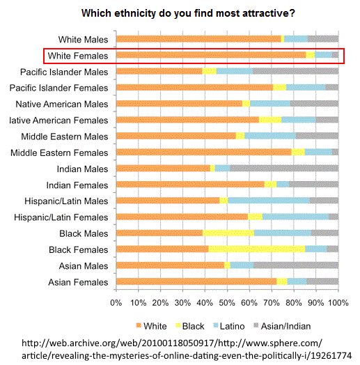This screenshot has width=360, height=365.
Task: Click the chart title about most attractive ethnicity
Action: pyautogui.click(x=188, y=13)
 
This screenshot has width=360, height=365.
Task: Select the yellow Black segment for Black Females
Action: pyautogui.click(x=257, y=249)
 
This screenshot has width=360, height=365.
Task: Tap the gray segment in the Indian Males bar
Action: pyautogui.click(x=284, y=169)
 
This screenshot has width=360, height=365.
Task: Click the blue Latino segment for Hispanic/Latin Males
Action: pyautogui.click(x=269, y=201)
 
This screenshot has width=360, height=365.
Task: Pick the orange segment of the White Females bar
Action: pyautogui.click(x=211, y=55)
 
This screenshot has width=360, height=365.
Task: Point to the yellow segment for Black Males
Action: pyautogui.click(x=228, y=233)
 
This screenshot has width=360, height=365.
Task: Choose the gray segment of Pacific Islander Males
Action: pyautogui.click(x=295, y=71)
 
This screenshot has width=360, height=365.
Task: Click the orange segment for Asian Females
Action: pyautogui.click(x=196, y=281)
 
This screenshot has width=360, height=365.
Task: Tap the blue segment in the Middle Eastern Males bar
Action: pyautogui.click(x=270, y=136)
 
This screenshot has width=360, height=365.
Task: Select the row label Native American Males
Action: pyautogui.click(x=62, y=104)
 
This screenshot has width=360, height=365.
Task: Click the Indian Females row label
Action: pyautogui.click(x=77, y=185)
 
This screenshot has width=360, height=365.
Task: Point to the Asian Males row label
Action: pyautogui.click(x=84, y=266)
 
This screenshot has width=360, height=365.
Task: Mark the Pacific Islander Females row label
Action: pyautogui.click(x=58, y=88)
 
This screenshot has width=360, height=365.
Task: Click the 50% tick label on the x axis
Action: pyautogui.click(x=227, y=303)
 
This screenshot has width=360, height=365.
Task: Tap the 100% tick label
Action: pyautogui.click(x=338, y=303)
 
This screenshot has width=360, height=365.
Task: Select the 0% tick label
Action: pyautogui.click(x=116, y=303)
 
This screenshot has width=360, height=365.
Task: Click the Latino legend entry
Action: pyautogui.click(x=229, y=326)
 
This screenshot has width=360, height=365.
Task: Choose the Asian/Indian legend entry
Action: pyautogui.click(x=282, y=326)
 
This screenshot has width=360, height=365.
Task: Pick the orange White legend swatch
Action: pyautogui.click(x=139, y=325)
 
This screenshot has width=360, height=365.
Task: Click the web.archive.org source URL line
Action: pyautogui.click(x=172, y=343)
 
